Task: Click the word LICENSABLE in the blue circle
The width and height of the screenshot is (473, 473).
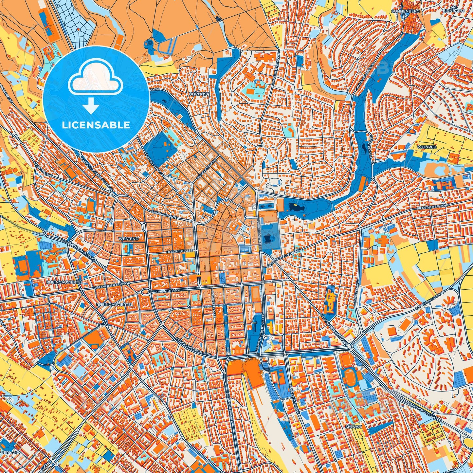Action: pyautogui.click(x=96, y=125)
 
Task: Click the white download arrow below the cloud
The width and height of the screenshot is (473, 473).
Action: pyautogui.click(x=91, y=106)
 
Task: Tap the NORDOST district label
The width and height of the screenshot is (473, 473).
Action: pyautogui.click(x=199, y=94)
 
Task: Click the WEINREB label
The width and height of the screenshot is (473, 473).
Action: pyautogui.click(x=427, y=147)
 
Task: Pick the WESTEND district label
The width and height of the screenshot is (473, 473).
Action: pyautogui.click(x=128, y=239)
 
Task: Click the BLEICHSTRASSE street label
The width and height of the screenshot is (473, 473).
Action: pyautogui.click(x=180, y=251)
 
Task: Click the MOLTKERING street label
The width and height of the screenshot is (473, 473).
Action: pyautogui.click(x=357, y=293)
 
